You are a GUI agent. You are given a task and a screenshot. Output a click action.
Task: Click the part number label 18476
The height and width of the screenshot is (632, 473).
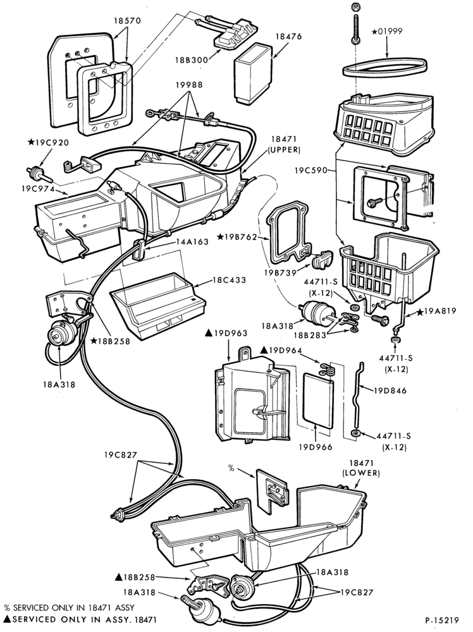click(288, 37)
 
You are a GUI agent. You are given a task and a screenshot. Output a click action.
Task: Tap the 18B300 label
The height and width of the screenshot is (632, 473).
click(192, 60)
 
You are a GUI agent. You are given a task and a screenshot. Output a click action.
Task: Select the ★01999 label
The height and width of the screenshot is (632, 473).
click(387, 31)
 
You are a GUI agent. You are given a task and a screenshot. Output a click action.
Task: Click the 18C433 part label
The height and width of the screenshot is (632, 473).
click(229, 280)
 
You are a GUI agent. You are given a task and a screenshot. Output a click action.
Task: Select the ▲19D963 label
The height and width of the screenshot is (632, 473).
click(226, 333)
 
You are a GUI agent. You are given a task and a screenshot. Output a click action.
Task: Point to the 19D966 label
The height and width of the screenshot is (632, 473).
click(315, 447)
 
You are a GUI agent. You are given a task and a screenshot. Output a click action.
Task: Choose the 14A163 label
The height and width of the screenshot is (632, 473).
click(192, 242)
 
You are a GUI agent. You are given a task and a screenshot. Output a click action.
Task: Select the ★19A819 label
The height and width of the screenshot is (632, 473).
click(437, 311)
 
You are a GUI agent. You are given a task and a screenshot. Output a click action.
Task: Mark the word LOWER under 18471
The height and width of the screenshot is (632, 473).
click(361, 473)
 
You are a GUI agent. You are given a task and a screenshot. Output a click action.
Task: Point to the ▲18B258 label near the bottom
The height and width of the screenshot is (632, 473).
click(135, 578)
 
